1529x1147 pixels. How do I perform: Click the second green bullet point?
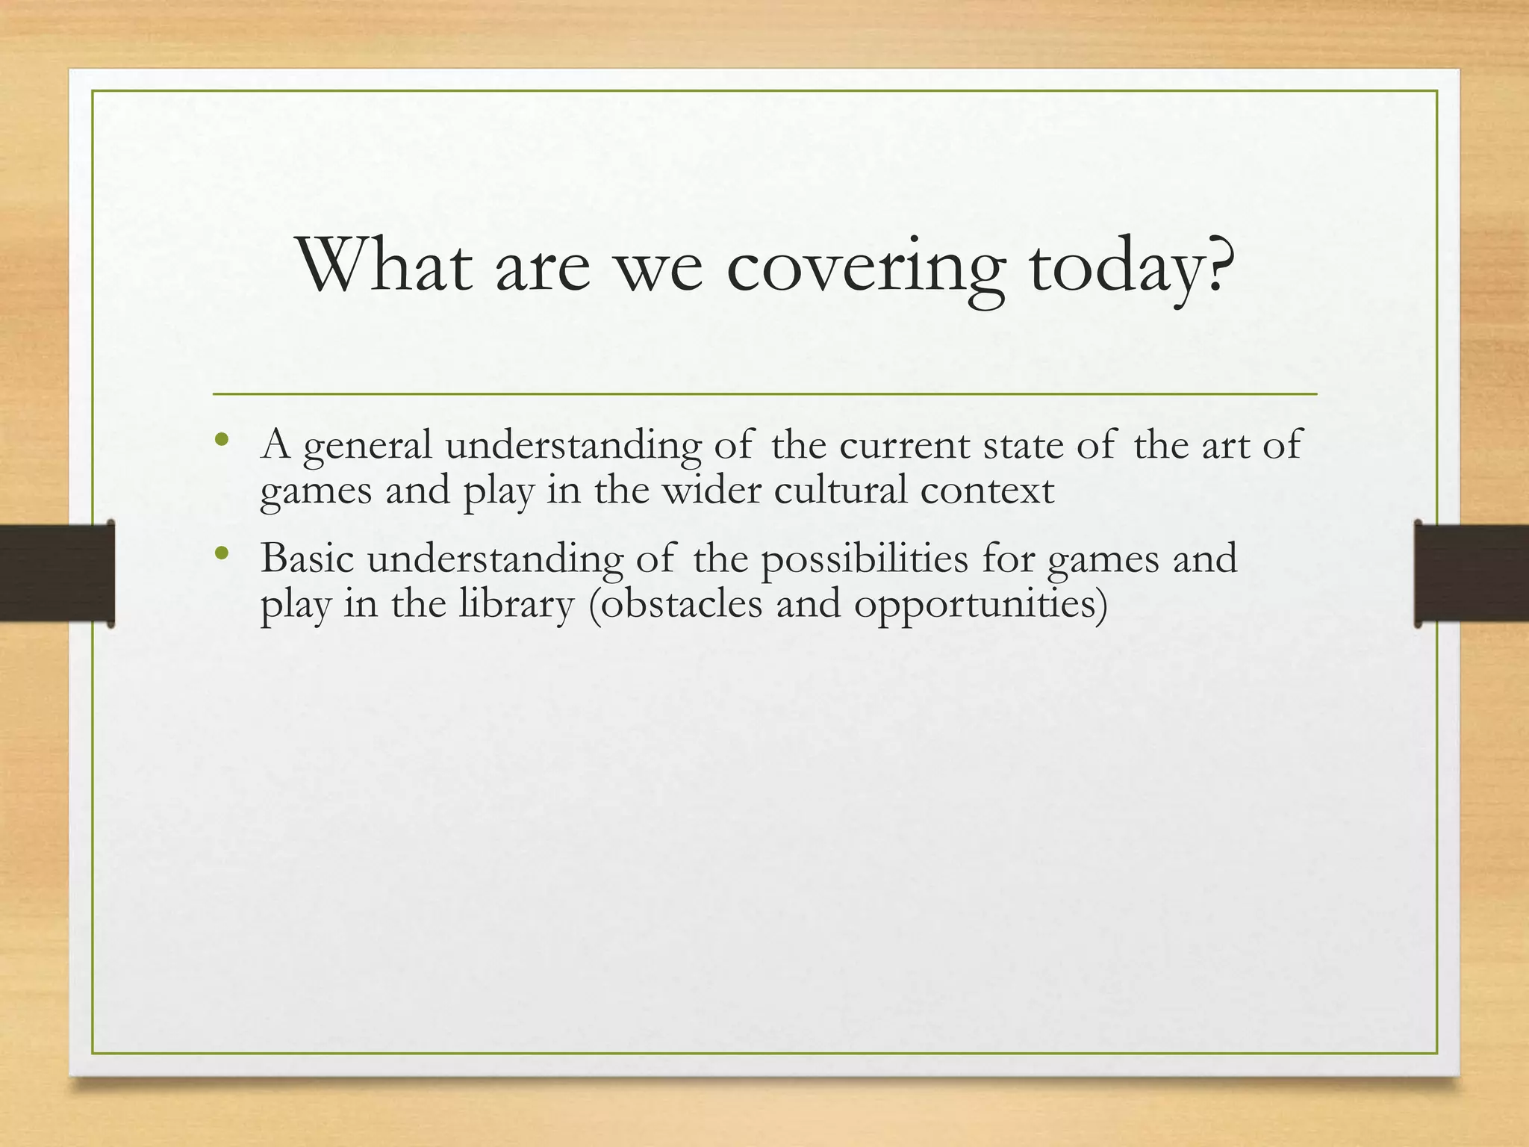[219, 554]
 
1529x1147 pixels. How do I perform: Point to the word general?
[368, 446]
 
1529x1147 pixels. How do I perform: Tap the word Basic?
[307, 559]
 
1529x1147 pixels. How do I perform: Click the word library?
[516, 605]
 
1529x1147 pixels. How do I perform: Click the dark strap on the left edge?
[56, 573]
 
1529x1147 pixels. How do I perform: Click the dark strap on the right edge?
[1471, 573]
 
